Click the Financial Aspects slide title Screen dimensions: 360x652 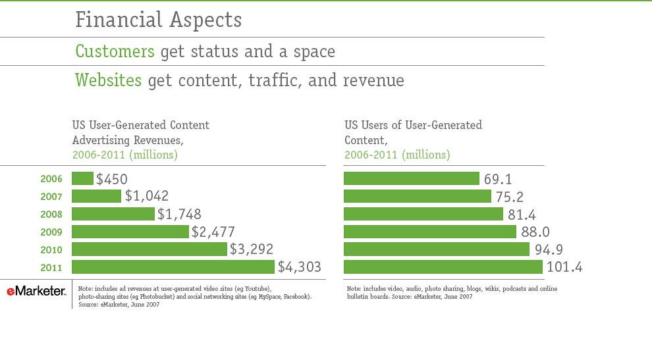pyautogui.click(x=158, y=20)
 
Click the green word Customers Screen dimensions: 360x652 pyautogui.click(x=115, y=51)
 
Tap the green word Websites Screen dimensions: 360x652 pyautogui.click(x=108, y=80)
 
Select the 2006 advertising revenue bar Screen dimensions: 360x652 pyautogui.click(x=82, y=179)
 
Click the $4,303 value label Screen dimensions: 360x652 pyautogui.click(x=299, y=267)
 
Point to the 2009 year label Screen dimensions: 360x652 pyautogui.click(x=51, y=232)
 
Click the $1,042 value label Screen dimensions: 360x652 pyautogui.click(x=146, y=196)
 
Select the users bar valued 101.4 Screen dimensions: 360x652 pyautogui.click(x=443, y=267)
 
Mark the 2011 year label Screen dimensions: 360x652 pyautogui.click(x=51, y=268)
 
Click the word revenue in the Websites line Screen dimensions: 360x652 pyautogui.click(x=373, y=80)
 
